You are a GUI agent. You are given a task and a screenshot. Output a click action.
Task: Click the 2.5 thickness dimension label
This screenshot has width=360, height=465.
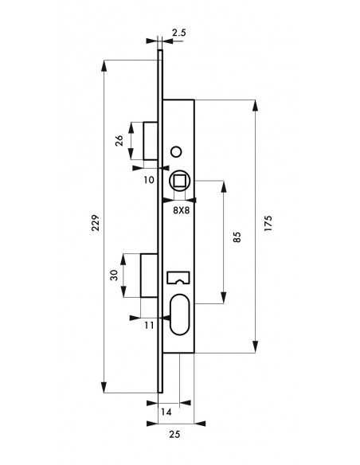(x=179, y=32)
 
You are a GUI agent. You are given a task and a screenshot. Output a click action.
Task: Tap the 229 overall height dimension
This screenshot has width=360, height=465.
(x=95, y=223)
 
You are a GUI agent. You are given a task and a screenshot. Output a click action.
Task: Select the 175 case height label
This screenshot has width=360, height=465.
(x=268, y=223)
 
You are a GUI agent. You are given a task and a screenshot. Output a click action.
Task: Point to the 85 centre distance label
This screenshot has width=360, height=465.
(x=237, y=237)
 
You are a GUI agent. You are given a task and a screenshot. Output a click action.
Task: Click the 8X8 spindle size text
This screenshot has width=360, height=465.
(x=181, y=210)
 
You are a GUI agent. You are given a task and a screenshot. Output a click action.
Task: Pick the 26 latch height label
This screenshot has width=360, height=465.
(x=119, y=141)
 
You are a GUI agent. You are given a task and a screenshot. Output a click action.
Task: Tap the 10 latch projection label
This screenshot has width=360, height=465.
(x=149, y=179)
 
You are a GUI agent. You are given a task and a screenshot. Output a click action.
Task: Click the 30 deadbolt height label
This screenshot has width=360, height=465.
(x=114, y=275)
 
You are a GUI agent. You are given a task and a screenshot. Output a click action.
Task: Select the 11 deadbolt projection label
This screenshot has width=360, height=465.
(x=150, y=326)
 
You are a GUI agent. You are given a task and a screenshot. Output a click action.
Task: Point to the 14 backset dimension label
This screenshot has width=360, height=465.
(x=166, y=412)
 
